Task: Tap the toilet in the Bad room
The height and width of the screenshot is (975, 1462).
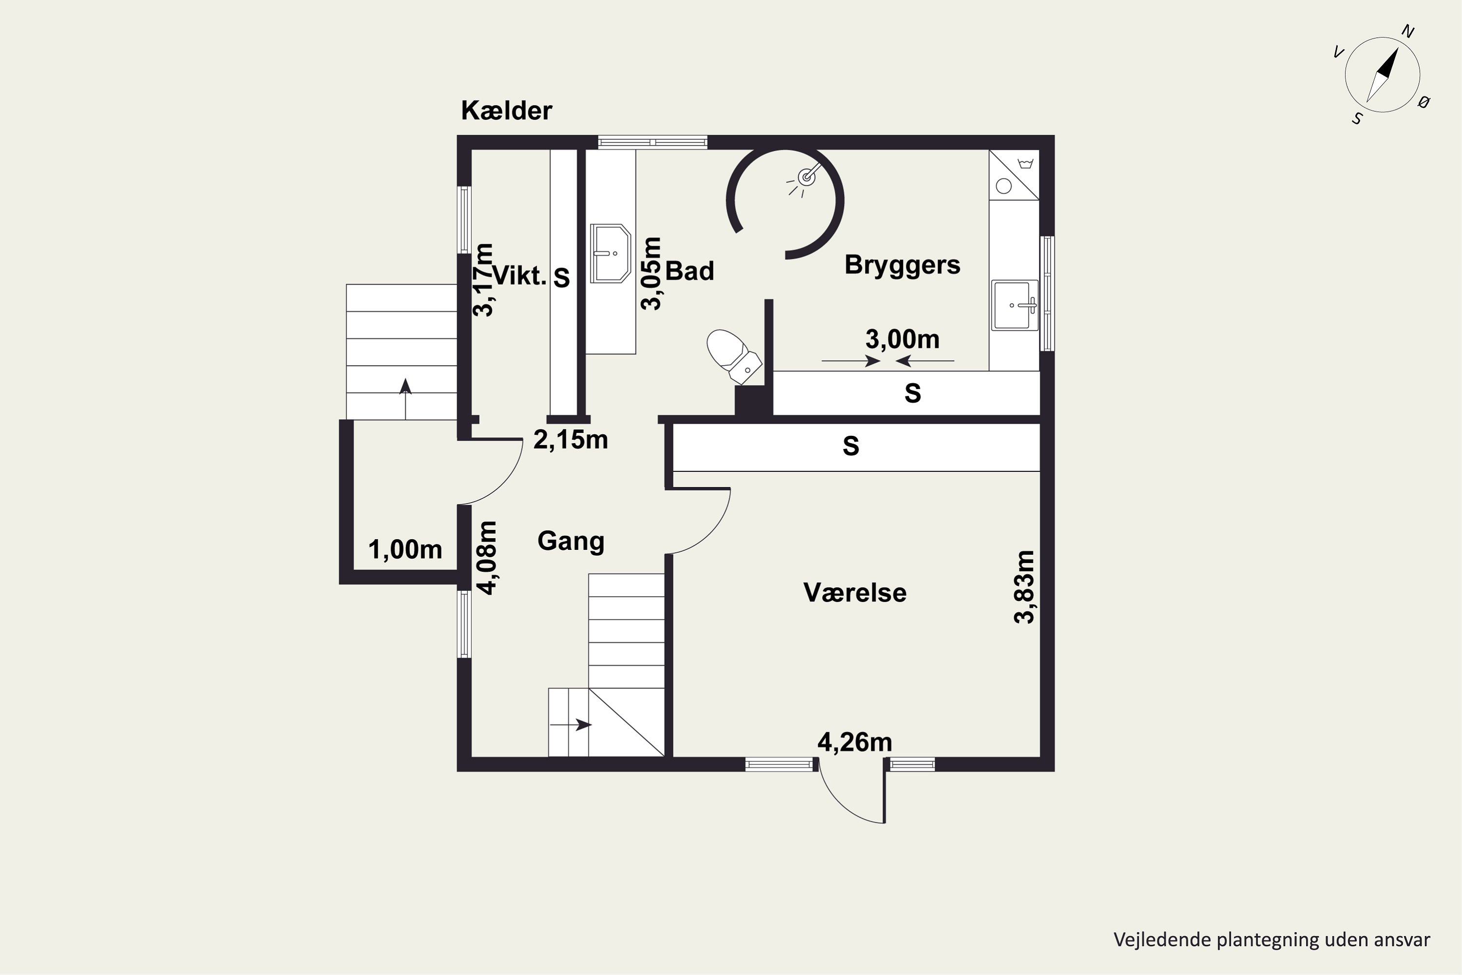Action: point(733,356)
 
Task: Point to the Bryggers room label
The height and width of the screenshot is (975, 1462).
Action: point(902,265)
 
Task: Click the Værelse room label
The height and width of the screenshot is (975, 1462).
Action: point(855,593)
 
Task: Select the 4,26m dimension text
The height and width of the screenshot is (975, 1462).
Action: point(854,742)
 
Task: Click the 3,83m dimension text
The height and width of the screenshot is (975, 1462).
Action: point(1024,586)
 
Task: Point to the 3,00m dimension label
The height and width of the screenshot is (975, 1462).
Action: point(902,339)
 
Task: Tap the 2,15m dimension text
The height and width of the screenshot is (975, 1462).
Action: point(570,440)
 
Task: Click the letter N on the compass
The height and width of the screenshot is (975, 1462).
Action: point(1408,32)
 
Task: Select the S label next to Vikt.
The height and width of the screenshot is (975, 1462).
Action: point(561,277)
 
